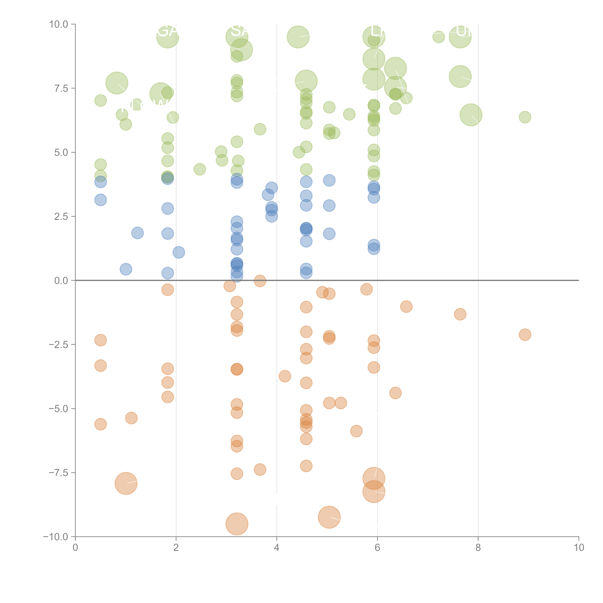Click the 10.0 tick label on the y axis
[59, 24]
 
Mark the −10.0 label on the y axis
[56, 537]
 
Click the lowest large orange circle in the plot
[237, 524]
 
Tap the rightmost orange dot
[525, 335]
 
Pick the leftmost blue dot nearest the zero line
[126, 269]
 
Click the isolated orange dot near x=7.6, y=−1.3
[460, 314]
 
